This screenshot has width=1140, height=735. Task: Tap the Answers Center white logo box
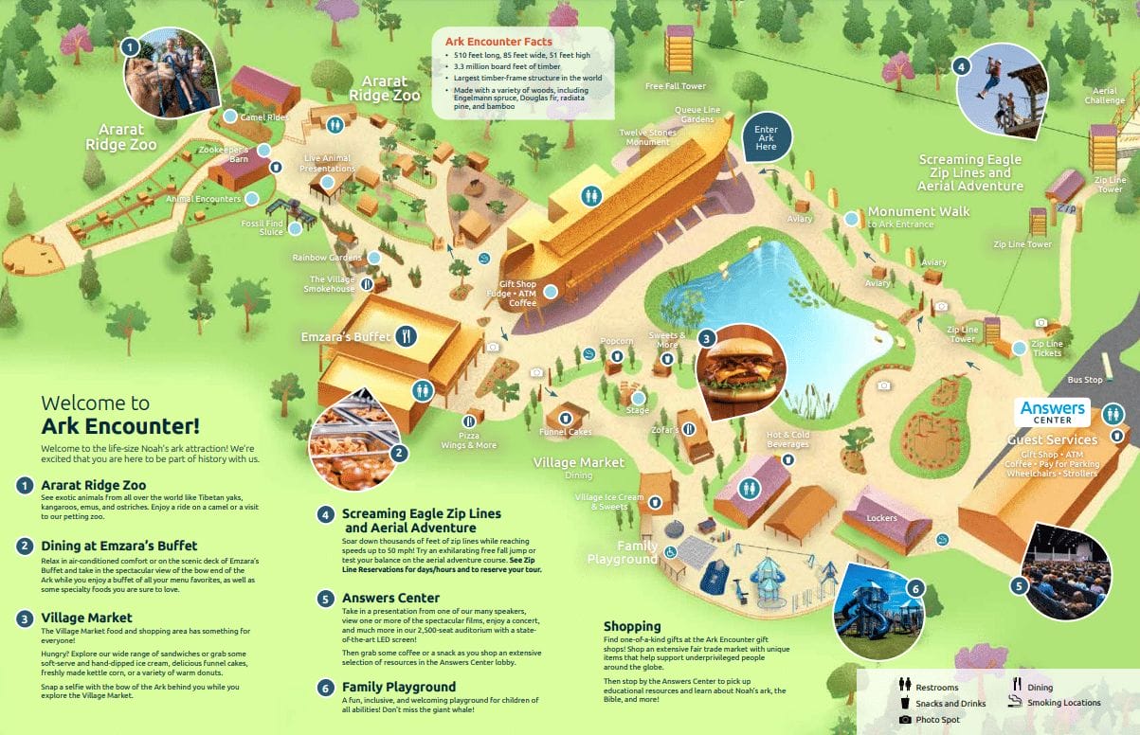point(1053,412)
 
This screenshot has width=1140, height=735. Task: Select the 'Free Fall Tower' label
point(676,86)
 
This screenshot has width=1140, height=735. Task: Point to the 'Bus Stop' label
point(1085,380)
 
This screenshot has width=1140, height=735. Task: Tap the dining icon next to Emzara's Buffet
point(407,335)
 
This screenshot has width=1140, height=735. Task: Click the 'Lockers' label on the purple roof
point(881,518)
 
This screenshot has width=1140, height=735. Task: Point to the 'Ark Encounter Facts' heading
point(498,42)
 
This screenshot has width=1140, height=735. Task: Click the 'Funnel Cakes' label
point(566,432)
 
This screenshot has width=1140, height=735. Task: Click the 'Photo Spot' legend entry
point(936,720)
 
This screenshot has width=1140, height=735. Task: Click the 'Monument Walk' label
point(918,211)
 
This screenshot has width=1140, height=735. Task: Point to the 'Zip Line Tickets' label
point(1046,349)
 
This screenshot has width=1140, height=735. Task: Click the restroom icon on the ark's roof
point(592,195)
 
